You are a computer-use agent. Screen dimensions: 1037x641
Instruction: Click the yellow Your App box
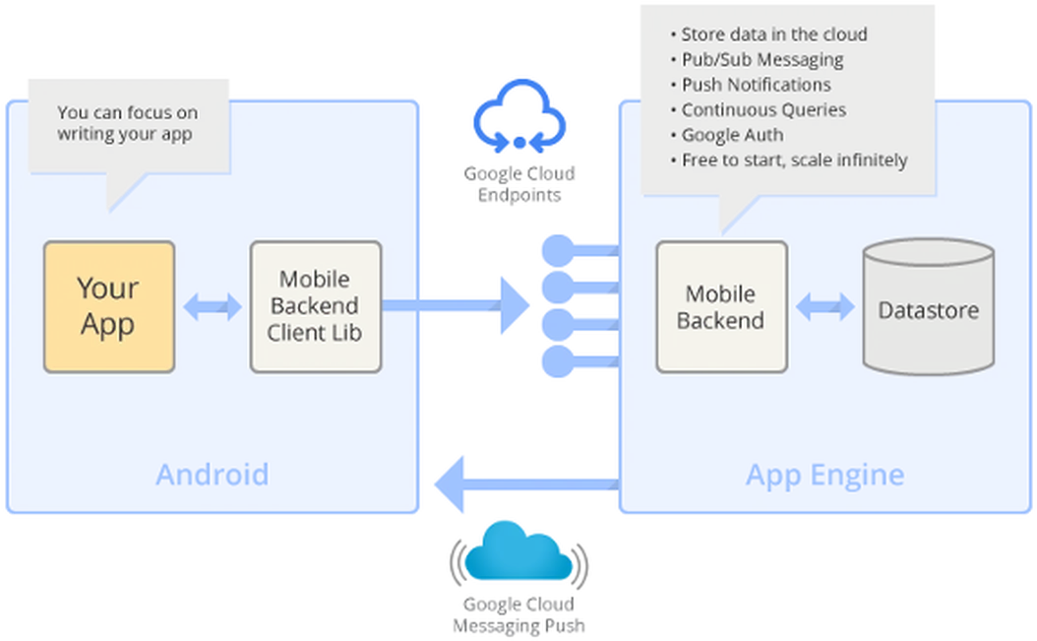click(x=109, y=306)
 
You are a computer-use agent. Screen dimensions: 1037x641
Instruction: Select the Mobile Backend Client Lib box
click(x=316, y=306)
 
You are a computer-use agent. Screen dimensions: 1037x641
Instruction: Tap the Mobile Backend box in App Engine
click(x=721, y=306)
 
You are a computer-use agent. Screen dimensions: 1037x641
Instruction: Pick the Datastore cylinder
click(x=929, y=306)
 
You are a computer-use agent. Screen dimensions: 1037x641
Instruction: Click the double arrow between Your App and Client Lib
click(x=213, y=306)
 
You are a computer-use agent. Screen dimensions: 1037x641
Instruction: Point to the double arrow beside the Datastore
click(x=824, y=306)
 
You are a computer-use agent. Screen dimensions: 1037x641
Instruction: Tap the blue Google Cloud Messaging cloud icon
click(x=518, y=552)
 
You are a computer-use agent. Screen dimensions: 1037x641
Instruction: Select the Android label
click(x=213, y=475)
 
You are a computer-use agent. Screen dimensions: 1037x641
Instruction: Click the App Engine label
click(x=824, y=476)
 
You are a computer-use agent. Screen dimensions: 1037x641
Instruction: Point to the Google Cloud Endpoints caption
click(x=519, y=184)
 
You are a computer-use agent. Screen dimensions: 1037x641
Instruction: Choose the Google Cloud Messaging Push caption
click(x=518, y=615)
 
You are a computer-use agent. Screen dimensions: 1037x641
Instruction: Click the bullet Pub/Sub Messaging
click(x=758, y=60)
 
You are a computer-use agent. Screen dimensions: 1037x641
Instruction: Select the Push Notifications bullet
click(x=751, y=85)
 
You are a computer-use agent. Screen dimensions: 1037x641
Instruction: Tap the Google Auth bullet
click(x=727, y=135)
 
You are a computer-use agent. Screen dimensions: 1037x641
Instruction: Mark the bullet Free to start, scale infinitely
click(x=789, y=160)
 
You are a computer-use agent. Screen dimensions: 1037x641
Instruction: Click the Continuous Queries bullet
click(x=759, y=110)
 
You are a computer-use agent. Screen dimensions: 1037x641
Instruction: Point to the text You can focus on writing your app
click(x=127, y=123)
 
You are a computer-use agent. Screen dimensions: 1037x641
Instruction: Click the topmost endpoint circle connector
click(x=558, y=250)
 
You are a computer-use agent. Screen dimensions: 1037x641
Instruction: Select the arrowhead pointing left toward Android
click(x=449, y=484)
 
